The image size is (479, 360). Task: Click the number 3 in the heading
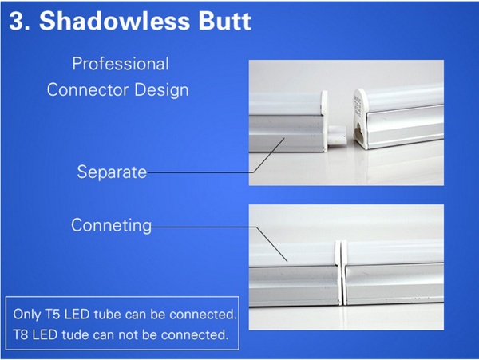[17, 22]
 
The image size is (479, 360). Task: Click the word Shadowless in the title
[114, 21]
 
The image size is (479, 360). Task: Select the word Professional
[121, 64]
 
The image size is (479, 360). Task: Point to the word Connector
[88, 89]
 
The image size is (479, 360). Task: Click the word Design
[161, 91]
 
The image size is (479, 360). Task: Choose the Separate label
[112, 172]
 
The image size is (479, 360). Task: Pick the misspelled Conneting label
[111, 225]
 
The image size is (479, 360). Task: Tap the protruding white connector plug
[337, 135]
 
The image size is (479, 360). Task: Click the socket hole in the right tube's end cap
[358, 134]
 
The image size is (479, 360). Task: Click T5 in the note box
[53, 315]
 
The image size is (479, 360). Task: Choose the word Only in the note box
[27, 315]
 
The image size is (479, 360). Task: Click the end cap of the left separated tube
[324, 121]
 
